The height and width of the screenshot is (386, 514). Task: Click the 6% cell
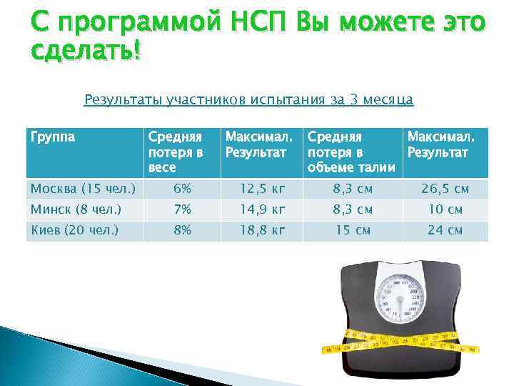click(x=182, y=189)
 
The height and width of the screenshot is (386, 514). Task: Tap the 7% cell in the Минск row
click(x=182, y=209)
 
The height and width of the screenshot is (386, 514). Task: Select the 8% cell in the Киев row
click(x=182, y=230)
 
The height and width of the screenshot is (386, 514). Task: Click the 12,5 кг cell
click(x=263, y=189)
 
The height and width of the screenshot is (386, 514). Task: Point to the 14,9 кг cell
click(x=263, y=209)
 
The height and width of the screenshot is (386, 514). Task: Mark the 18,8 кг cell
click(x=263, y=230)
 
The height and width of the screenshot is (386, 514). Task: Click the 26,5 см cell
click(x=445, y=189)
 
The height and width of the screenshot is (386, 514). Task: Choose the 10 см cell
click(x=445, y=209)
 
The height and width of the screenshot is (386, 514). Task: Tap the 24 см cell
click(x=445, y=230)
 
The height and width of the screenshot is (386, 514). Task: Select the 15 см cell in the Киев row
click(x=353, y=230)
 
